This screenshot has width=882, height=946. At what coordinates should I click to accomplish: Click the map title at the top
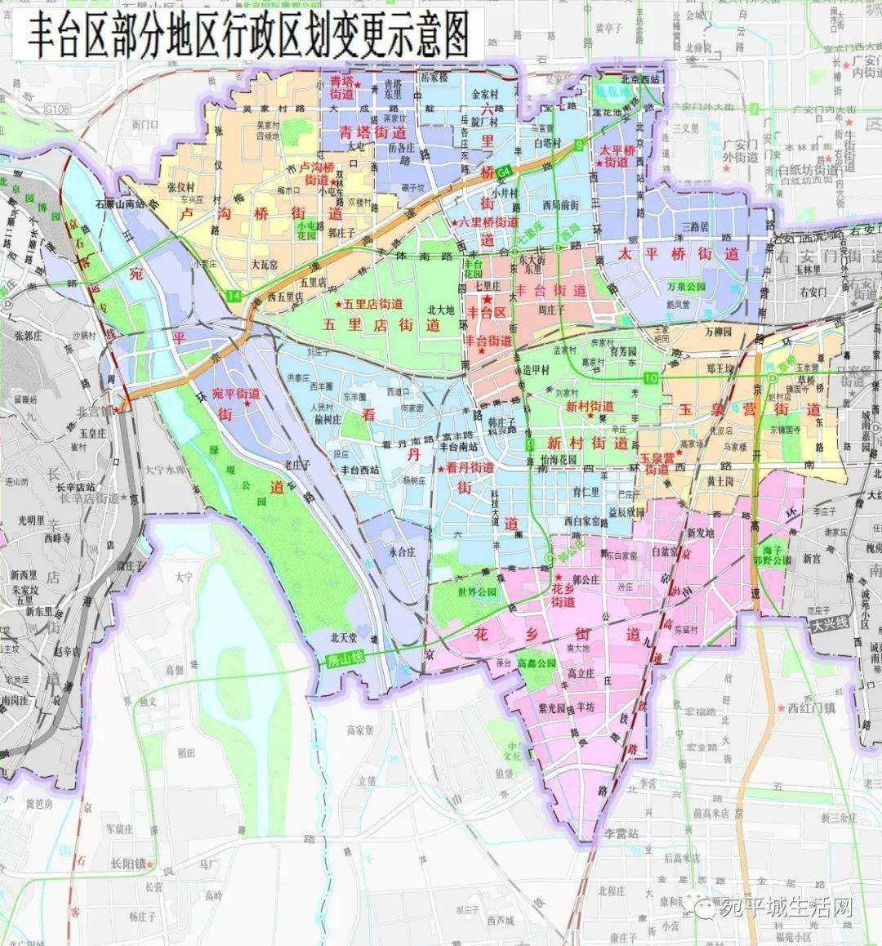pos(250,37)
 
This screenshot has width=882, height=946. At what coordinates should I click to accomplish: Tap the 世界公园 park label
pos(478,591)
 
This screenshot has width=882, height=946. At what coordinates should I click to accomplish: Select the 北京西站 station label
pos(640,79)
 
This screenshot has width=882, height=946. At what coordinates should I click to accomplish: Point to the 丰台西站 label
pos(360,470)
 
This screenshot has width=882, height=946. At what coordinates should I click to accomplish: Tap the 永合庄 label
pos(403,551)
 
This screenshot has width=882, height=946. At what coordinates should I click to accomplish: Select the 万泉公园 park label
pos(685,288)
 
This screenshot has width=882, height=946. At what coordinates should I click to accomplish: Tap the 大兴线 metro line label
pos(831,623)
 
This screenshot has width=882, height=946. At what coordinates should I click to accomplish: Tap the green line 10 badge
pos(651,377)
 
